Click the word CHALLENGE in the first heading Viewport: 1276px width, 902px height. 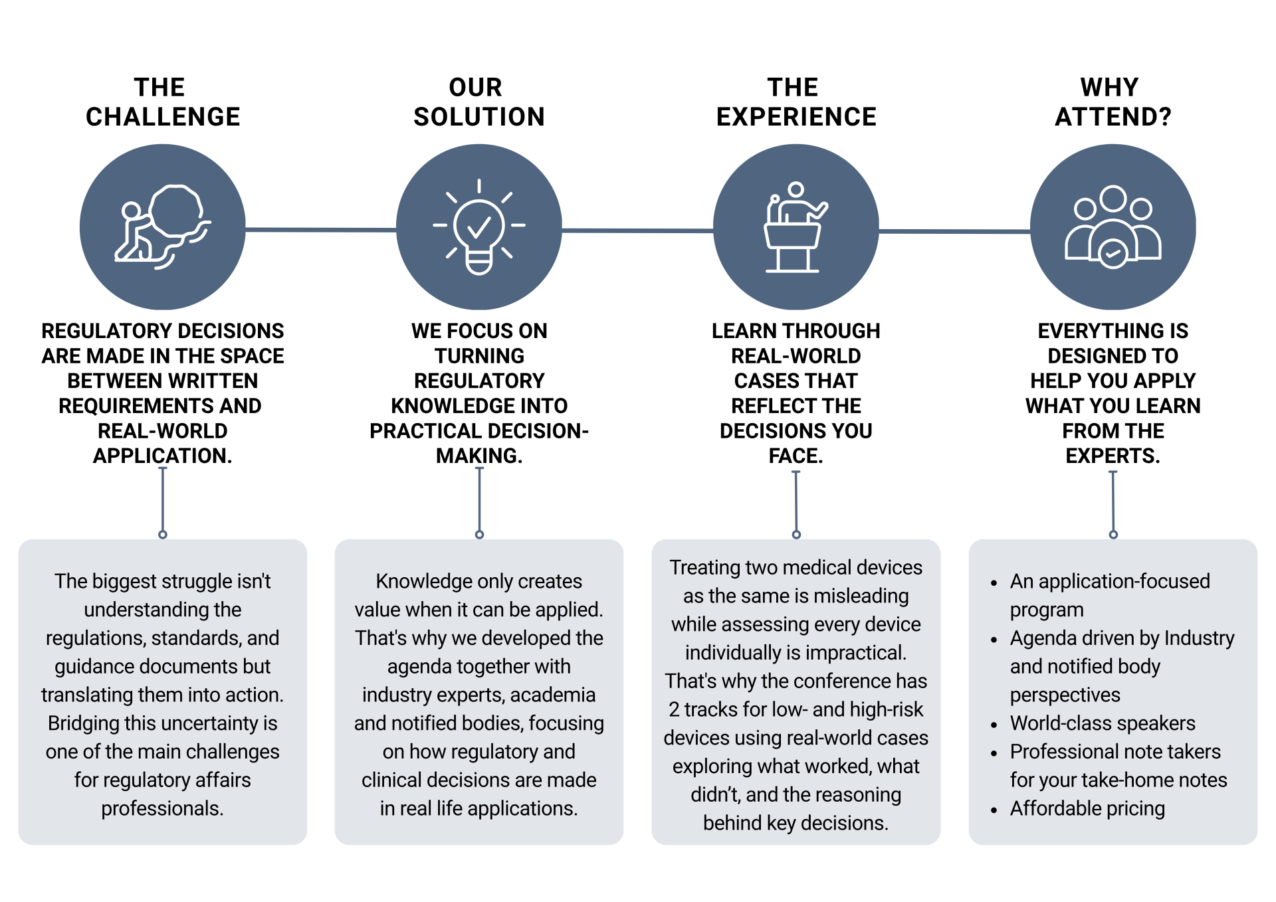pyautogui.click(x=163, y=117)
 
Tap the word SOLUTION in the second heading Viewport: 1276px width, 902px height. pyautogui.click(x=479, y=117)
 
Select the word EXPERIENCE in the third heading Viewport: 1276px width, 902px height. pyautogui.click(x=796, y=117)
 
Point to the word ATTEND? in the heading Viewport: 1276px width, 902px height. pyautogui.click(x=1113, y=117)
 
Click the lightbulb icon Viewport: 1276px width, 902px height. pyautogui.click(x=479, y=227)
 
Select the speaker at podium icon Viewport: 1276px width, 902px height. pyautogui.click(x=796, y=227)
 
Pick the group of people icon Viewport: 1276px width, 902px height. pyautogui.click(x=1113, y=227)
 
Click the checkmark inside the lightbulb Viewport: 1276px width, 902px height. pyautogui.click(x=479, y=228)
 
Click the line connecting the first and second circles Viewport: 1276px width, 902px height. pyautogui.click(x=321, y=230)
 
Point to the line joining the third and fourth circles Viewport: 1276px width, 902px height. pyautogui.click(x=954, y=231)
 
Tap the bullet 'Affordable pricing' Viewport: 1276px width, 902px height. pyautogui.click(x=1087, y=808)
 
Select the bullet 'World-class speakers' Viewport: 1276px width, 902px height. pyautogui.click(x=1103, y=723)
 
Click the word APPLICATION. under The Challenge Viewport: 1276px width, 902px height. pyautogui.click(x=163, y=456)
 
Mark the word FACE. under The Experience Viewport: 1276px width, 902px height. pyautogui.click(x=796, y=456)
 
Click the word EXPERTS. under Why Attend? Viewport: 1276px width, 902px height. pyautogui.click(x=1113, y=456)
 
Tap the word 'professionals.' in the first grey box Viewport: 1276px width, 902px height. pyautogui.click(x=163, y=808)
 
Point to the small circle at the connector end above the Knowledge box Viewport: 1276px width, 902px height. pyautogui.click(x=479, y=535)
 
